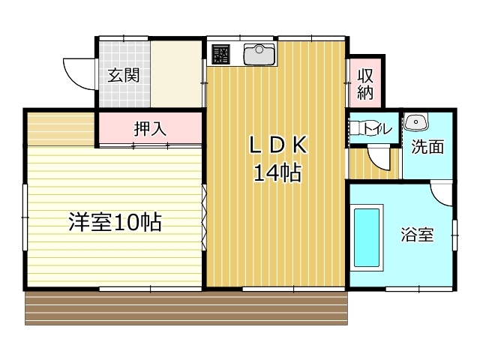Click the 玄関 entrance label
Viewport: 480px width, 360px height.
[123, 75]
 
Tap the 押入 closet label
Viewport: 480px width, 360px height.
[150, 129]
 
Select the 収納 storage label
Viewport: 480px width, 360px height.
[365, 85]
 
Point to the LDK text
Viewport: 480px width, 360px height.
[278, 145]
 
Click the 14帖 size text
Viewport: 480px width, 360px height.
[277, 173]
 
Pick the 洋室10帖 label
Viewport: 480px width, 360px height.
[115, 222]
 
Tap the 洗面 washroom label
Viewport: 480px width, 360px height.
[427, 147]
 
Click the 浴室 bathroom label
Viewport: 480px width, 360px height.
[417, 235]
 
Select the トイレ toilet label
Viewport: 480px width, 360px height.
[376, 128]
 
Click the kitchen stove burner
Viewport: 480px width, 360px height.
[220, 54]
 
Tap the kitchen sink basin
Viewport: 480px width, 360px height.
[259, 55]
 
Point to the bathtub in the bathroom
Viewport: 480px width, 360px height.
[367, 238]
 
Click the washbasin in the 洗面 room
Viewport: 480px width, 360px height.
[415, 121]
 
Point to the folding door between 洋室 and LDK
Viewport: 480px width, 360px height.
[204, 217]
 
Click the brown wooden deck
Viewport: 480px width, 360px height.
[187, 308]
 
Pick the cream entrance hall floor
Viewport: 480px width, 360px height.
[176, 74]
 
